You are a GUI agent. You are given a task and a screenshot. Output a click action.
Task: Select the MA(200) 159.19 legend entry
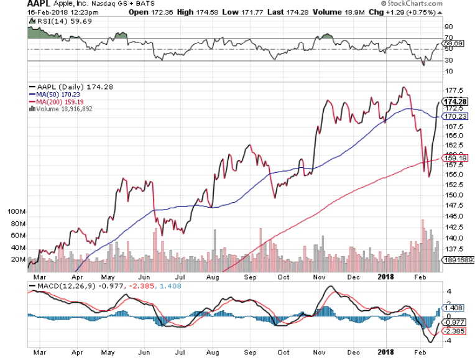[60, 102]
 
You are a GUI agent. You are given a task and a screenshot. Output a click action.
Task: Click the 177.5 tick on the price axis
[453, 90]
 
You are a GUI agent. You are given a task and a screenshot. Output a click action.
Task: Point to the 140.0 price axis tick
[453, 238]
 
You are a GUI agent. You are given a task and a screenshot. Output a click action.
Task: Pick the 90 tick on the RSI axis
[447, 27]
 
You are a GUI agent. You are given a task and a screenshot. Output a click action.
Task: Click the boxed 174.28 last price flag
[454, 101]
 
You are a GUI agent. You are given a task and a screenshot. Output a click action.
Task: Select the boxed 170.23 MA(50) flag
[454, 116]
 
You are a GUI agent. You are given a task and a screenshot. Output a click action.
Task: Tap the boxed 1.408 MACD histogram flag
[453, 307]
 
